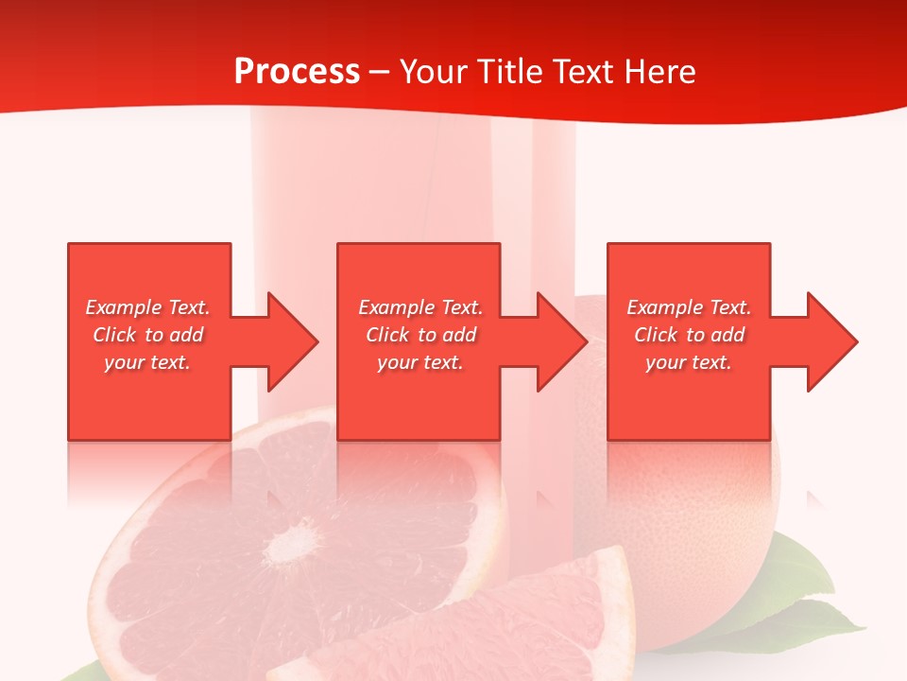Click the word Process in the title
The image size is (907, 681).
click(297, 72)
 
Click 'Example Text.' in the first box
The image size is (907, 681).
click(148, 307)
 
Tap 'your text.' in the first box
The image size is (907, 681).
click(148, 362)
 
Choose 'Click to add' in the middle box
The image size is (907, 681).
click(420, 335)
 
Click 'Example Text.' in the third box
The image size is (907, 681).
click(689, 307)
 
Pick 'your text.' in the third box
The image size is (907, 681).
click(689, 362)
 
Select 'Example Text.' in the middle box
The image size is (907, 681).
click(420, 307)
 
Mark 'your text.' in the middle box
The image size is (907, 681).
click(420, 362)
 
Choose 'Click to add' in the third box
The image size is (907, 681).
click(689, 335)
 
